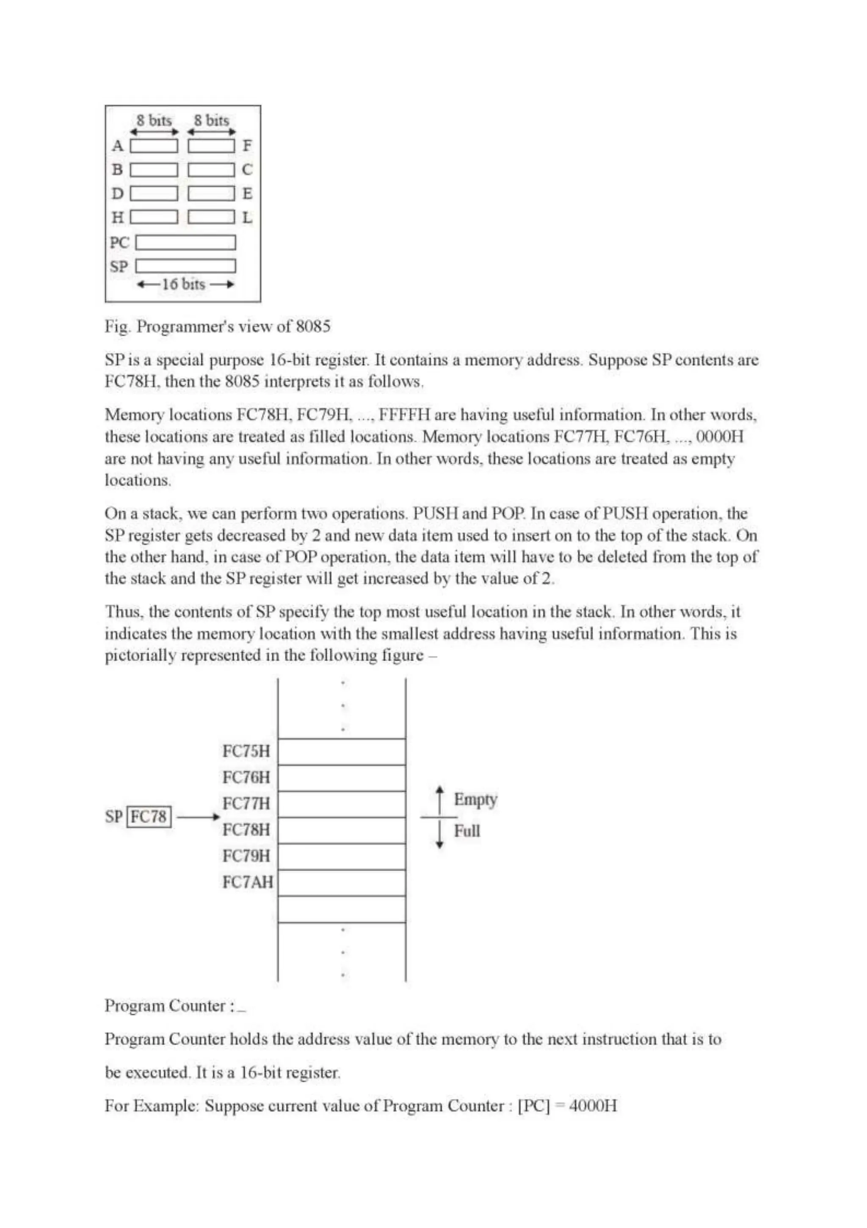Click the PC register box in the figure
point(185,243)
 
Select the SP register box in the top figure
point(185,266)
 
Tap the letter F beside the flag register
point(247,146)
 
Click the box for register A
point(154,146)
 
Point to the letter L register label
point(247,218)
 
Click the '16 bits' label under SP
point(183,285)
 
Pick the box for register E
point(211,194)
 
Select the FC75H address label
point(246,752)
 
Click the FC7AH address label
point(247,882)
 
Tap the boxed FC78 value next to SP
point(149,817)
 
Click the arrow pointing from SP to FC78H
point(198,817)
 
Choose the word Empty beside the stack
point(475,800)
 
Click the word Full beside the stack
point(467,831)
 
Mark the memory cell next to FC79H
point(341,856)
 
